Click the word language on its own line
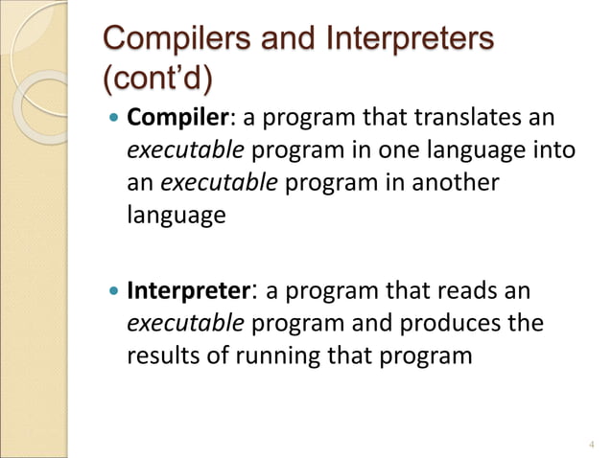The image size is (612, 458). pyautogui.click(x=177, y=215)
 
